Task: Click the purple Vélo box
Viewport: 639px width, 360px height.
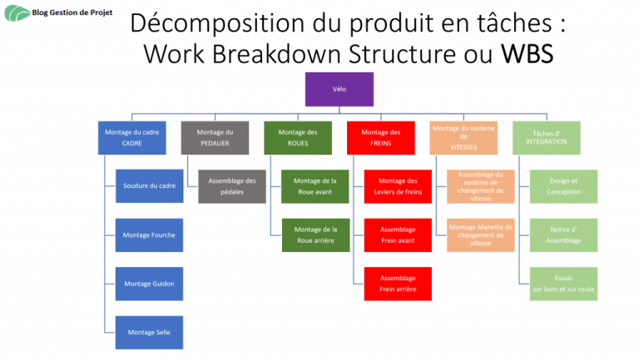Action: coord(339,89)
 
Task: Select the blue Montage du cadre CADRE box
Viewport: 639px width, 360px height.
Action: coord(132,138)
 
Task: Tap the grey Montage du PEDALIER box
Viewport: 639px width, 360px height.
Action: coord(215,138)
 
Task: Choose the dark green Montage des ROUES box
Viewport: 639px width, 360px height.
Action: coord(298,138)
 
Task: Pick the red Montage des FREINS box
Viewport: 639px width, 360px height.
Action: coord(380,138)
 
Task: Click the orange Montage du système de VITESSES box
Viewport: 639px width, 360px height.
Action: coord(463,138)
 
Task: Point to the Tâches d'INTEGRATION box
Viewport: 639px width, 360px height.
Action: coord(547,138)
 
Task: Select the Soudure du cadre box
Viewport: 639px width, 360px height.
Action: coord(149,186)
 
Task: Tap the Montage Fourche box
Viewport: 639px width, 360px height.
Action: coord(149,235)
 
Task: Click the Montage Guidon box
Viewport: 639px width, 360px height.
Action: coord(149,284)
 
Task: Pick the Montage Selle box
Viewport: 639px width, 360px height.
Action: coord(149,333)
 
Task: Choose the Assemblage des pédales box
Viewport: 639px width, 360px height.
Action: coord(232,186)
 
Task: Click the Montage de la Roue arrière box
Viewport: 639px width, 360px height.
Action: coord(316,235)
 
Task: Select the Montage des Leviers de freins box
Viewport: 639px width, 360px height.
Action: coord(398,186)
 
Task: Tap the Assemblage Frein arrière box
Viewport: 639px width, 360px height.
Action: coord(398,284)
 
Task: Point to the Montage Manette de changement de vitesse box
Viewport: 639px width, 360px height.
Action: coord(480,235)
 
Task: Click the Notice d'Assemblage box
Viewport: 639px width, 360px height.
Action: coord(563,235)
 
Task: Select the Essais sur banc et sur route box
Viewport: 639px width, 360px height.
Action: coord(563,284)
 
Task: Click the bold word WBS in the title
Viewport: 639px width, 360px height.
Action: coord(527,54)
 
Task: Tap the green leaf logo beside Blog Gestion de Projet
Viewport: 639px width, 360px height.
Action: coord(17,13)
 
